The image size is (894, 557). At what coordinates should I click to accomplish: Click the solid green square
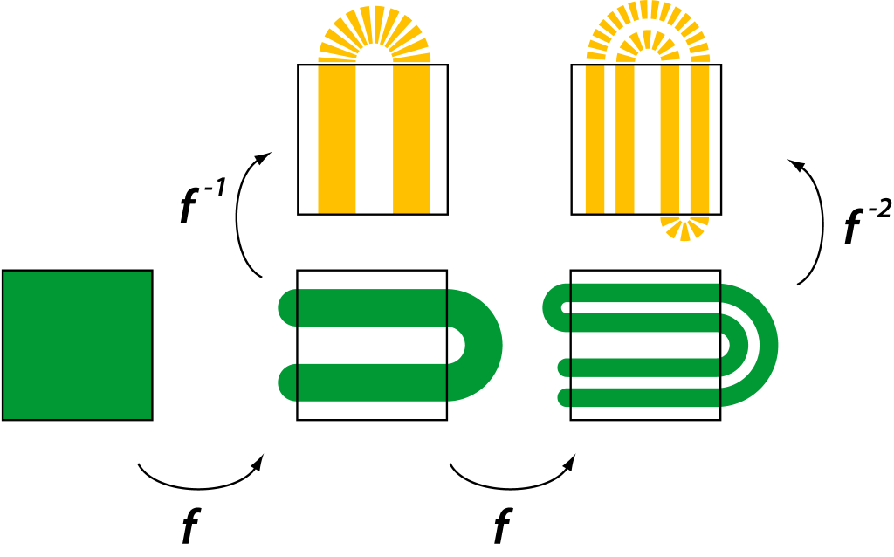point(78,345)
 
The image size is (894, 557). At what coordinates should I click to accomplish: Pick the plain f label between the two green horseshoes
point(501,526)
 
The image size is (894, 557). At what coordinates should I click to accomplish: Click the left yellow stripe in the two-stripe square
point(336,140)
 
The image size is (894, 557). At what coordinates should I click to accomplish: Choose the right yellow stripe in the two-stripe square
point(411,140)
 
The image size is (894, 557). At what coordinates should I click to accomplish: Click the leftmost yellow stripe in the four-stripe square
point(595,140)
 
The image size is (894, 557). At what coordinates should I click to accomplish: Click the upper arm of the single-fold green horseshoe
point(367,307)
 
